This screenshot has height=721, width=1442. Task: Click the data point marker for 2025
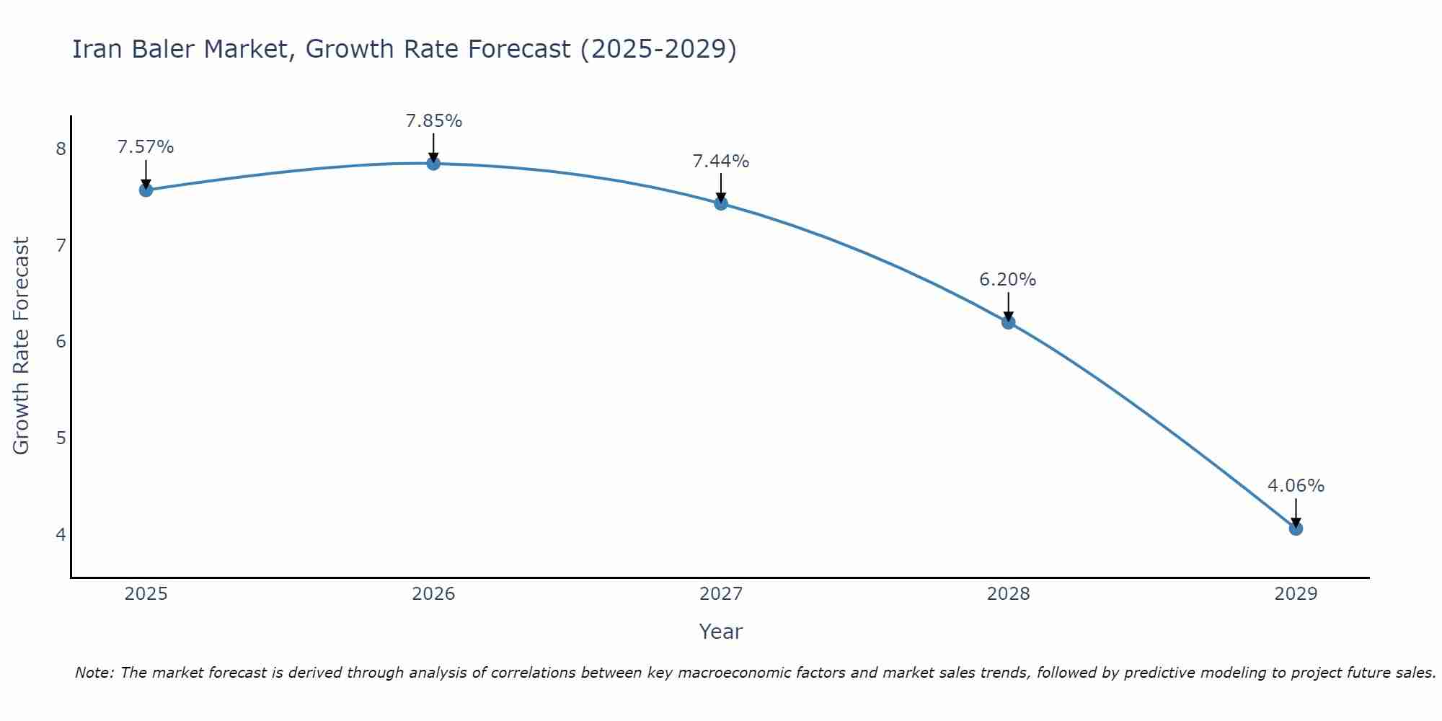(146, 190)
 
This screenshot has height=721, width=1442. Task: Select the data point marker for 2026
(433, 164)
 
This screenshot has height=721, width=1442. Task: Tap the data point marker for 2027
(721, 203)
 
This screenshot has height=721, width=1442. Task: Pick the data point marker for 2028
(1008, 322)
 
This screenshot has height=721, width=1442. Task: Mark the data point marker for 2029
(1296, 528)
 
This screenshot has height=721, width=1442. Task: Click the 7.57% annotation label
(146, 147)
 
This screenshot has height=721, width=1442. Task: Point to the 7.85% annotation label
(433, 121)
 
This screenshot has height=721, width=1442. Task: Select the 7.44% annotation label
(721, 162)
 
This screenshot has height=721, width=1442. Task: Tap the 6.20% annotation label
(1008, 280)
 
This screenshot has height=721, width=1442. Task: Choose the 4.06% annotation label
(1296, 486)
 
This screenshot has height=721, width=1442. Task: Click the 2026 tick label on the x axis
(433, 594)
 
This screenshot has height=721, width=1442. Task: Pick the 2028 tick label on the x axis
(1008, 594)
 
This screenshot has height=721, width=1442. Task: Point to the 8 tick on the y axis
(61, 149)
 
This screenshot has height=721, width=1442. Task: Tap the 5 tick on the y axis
(61, 438)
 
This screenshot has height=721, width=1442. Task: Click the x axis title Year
(721, 632)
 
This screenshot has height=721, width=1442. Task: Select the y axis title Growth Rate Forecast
(22, 346)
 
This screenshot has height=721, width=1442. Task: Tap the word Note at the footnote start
(94, 673)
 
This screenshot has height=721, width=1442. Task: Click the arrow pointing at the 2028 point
(1008, 306)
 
